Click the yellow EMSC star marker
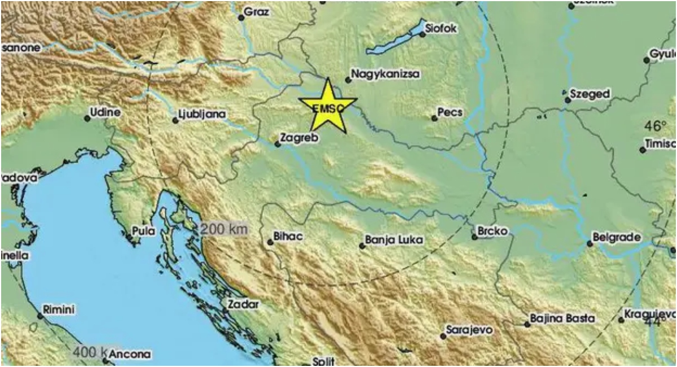[x=327, y=107]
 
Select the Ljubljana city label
[x=202, y=115]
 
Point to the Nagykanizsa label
[x=386, y=73]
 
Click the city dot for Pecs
[x=434, y=118]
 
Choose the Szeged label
[x=590, y=94]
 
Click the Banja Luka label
[x=394, y=241]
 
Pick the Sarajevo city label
[x=469, y=329]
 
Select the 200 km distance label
[x=224, y=229]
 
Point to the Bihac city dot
[x=270, y=242]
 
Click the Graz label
[x=258, y=11]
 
